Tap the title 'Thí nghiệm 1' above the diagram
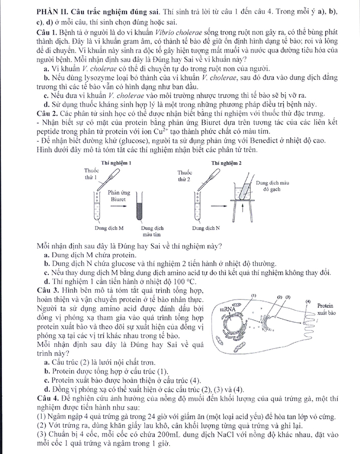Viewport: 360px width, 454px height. (x=117, y=163)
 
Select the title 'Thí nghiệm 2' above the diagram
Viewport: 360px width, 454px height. (x=226, y=163)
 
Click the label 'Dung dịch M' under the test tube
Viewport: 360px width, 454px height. (x=108, y=227)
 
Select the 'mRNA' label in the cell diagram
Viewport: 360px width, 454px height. (x=227, y=309)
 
